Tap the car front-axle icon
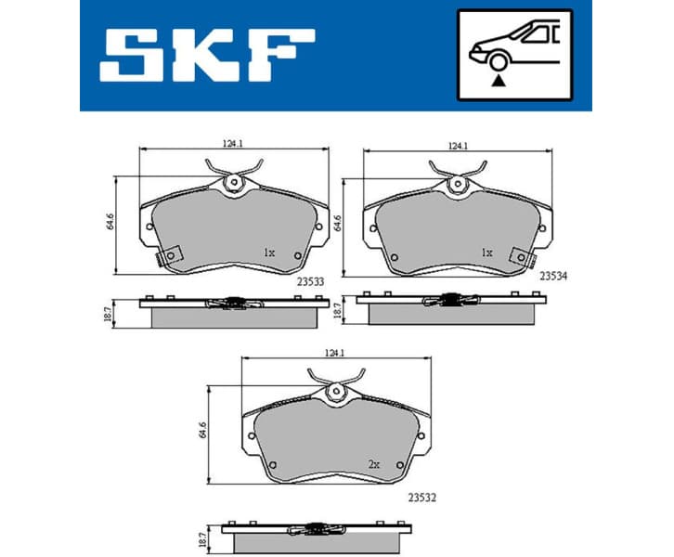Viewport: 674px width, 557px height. click(514, 55)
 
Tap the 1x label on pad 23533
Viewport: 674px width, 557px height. click(268, 252)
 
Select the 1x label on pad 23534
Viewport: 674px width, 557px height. click(486, 252)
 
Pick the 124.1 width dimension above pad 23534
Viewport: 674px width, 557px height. click(456, 145)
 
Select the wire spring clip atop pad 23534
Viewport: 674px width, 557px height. click(457, 173)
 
